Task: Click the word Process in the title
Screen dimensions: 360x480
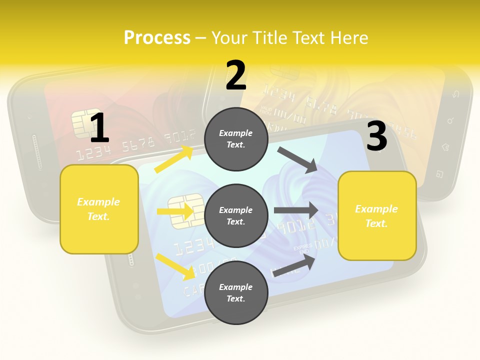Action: (x=157, y=38)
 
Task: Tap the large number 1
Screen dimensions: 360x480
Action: (x=99, y=128)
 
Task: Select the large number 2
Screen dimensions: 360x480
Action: (x=236, y=75)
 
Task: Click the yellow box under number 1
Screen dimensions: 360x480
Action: (x=99, y=209)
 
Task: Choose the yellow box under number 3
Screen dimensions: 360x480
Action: (x=377, y=215)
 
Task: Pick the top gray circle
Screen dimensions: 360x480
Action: (x=236, y=139)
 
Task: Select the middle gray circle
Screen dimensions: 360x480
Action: (x=236, y=215)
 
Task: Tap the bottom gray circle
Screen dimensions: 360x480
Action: (x=236, y=292)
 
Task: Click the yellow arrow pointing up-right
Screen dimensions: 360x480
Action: (x=174, y=159)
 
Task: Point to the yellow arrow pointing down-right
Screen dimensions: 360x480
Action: (x=175, y=266)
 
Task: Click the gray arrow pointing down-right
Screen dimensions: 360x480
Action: (x=298, y=160)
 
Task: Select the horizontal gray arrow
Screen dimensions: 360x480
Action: (x=296, y=210)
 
